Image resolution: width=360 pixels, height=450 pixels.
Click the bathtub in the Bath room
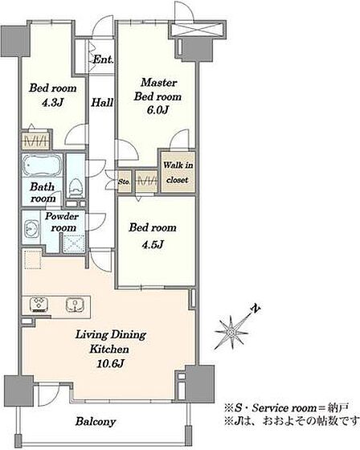click(x=43, y=166)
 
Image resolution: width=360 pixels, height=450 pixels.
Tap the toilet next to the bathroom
click(x=76, y=188)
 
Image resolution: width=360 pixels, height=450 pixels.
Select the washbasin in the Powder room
click(x=31, y=229)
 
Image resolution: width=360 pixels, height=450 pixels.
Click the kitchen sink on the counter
click(x=75, y=305)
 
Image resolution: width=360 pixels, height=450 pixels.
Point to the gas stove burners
click(x=39, y=305)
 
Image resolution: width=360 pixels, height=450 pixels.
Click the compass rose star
click(x=231, y=332)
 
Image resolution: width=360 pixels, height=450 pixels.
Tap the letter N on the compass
click(x=256, y=309)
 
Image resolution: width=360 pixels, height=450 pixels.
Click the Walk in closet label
click(x=178, y=173)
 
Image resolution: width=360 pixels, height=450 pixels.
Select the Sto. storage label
click(x=125, y=182)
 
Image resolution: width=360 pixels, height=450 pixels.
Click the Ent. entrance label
click(x=103, y=59)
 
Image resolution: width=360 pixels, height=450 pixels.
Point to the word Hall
click(x=102, y=103)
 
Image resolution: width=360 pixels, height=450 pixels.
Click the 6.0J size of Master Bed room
click(x=157, y=110)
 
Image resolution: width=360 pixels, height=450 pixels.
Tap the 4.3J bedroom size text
click(x=52, y=103)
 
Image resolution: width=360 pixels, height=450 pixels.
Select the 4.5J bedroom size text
click(x=153, y=244)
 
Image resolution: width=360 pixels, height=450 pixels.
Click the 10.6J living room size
click(x=111, y=363)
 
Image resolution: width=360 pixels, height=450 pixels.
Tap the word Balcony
click(x=96, y=422)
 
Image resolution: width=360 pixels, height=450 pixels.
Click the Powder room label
click(x=61, y=222)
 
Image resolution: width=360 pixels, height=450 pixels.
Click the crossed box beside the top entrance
click(x=197, y=29)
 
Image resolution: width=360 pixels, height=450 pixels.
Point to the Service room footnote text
click(x=286, y=408)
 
